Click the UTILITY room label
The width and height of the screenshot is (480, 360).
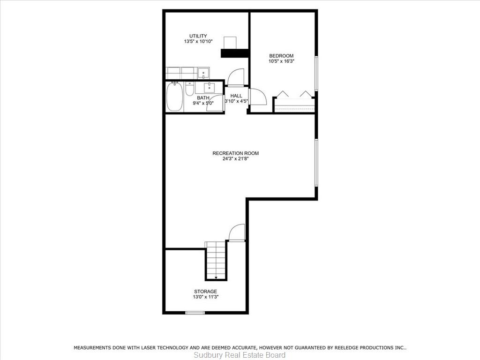tap(198, 36)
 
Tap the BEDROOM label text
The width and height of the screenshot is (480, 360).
tap(281, 56)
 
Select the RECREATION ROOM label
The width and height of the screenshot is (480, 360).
tap(235, 153)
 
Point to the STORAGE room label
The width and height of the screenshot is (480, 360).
tap(205, 292)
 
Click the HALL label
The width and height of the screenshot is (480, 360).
tap(236, 96)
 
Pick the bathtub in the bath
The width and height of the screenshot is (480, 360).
tap(175, 97)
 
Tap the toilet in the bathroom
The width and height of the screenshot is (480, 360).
tap(189, 89)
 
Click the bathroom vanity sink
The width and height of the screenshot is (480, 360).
tap(210, 88)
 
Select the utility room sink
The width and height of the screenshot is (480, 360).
tap(203, 73)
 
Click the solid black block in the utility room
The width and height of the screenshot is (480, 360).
tap(234, 53)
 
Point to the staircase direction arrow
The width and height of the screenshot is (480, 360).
tap(216, 277)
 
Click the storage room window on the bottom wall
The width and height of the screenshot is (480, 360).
tap(195, 313)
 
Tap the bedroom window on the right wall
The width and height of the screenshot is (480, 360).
tap(316, 74)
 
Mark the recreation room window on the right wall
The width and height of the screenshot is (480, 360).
tap(316, 163)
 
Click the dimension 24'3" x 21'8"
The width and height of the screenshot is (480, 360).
tap(235, 158)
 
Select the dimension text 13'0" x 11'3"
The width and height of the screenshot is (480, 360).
tap(205, 297)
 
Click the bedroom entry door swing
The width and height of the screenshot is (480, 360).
tap(258, 97)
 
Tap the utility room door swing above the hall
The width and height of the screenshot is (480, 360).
tap(236, 77)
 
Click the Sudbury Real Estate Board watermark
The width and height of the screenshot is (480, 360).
tap(240, 355)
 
